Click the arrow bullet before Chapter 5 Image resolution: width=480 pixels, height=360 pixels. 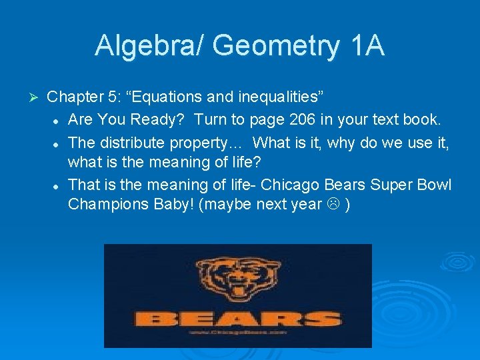[x=37, y=97]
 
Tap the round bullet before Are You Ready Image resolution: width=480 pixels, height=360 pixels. [x=59, y=121]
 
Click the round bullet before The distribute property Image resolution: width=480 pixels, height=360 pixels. [x=59, y=143]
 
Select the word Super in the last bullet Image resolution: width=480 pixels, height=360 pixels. [x=385, y=184]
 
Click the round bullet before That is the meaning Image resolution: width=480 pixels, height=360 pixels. [x=59, y=185]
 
